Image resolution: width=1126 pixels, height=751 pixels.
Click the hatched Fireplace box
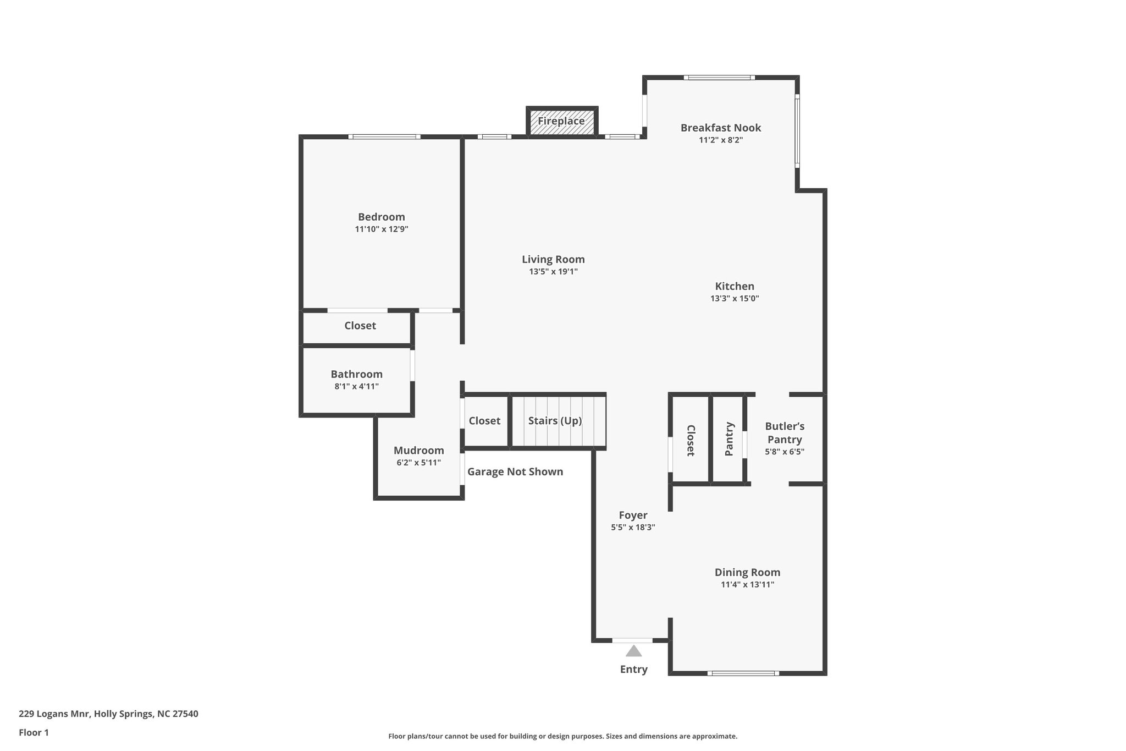[561, 121]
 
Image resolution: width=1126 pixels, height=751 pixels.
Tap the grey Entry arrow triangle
[633, 651]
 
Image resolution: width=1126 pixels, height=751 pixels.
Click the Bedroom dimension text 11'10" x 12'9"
[382, 229]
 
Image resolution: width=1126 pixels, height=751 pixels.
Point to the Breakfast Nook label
[720, 128]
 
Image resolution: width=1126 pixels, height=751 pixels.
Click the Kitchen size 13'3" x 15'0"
[735, 298]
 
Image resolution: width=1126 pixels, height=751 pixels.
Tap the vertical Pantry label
[729, 439]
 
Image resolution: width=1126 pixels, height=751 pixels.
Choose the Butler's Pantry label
[785, 433]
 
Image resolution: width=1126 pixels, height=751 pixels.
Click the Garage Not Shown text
[515, 472]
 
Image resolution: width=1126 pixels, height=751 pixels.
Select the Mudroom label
[418, 450]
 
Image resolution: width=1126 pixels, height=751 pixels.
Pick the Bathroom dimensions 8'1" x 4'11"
[356, 386]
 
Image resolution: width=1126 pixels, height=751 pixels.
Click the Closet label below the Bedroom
[360, 326]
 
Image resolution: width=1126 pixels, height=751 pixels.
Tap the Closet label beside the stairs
[484, 421]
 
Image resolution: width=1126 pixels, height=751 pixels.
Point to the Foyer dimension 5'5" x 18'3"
[633, 527]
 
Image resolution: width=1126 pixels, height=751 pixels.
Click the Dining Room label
[747, 572]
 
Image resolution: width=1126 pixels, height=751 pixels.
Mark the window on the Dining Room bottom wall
[743, 673]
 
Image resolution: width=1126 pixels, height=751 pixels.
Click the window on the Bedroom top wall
[384, 136]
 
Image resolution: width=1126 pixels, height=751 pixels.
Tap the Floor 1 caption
[34, 733]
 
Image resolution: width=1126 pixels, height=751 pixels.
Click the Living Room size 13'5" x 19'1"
[553, 271]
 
